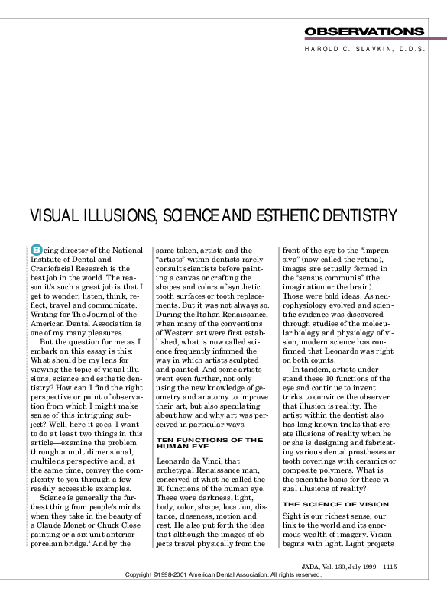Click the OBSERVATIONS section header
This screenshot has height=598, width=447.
pos(364,31)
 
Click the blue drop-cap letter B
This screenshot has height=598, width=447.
pos(36,250)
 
